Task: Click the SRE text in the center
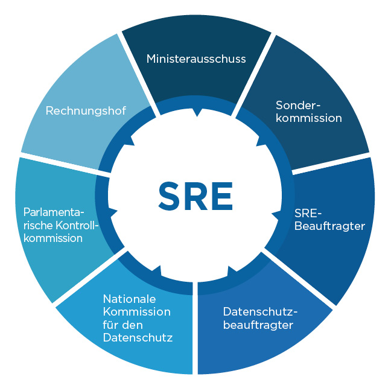[x=195, y=196]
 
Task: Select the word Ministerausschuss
[x=196, y=59]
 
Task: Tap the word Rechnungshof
[x=86, y=110]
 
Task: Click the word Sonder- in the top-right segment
[x=298, y=105]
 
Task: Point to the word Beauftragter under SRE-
[x=329, y=226]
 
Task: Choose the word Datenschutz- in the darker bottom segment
[x=260, y=312]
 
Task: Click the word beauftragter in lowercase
[x=258, y=325]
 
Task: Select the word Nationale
[x=129, y=299]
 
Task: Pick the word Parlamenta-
[x=54, y=212]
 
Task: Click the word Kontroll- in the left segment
[x=77, y=225]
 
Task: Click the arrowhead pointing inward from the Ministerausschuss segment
[x=197, y=113]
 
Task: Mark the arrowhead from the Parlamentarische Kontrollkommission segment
[x=113, y=212]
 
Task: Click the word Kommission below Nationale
[x=137, y=312]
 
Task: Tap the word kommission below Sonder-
[x=309, y=118]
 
